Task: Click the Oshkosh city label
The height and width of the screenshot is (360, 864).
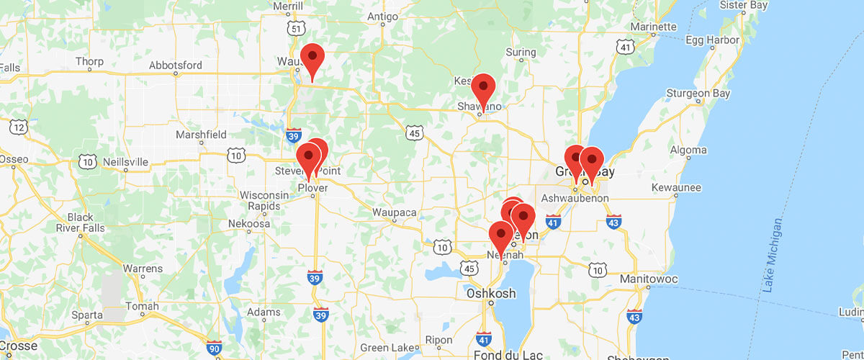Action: click(491, 293)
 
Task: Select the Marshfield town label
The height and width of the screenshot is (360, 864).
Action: click(200, 134)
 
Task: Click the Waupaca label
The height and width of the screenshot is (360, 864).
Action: click(395, 212)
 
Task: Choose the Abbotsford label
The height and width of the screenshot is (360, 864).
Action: click(176, 65)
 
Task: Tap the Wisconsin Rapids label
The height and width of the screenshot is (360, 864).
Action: click(264, 201)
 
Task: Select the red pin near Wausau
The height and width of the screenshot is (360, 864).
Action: click(312, 58)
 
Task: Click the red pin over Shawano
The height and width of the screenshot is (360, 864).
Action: click(483, 88)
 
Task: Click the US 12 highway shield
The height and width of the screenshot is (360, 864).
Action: click(19, 127)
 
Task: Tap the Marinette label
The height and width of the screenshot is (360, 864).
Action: click(652, 27)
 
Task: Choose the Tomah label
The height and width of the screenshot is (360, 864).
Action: click(142, 306)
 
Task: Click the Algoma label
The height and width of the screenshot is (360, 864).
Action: click(688, 150)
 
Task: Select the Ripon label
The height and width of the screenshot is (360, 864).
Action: click(438, 340)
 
